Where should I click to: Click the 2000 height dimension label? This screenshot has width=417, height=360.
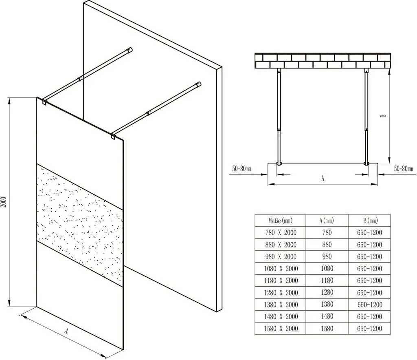click(x=4, y=202)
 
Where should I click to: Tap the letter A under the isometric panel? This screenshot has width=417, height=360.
click(x=66, y=331)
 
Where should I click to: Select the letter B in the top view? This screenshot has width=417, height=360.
click(x=383, y=116)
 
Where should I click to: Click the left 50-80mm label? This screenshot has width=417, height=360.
click(x=241, y=168)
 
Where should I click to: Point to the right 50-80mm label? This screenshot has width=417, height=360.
click(x=404, y=168)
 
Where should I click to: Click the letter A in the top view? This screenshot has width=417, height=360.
click(x=323, y=178)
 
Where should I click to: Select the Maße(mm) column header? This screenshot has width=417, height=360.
click(x=280, y=221)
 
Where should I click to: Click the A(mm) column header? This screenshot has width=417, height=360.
click(x=327, y=221)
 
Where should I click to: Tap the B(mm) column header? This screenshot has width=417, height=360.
click(x=370, y=221)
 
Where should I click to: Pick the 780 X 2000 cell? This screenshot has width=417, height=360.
click(x=281, y=233)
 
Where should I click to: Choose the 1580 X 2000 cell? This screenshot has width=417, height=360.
click(x=281, y=329)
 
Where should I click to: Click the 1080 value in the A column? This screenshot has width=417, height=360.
click(x=327, y=268)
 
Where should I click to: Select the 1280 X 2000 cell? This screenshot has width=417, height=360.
click(x=281, y=293)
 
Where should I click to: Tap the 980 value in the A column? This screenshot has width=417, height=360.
click(x=327, y=256)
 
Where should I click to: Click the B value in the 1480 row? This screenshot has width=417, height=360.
click(x=370, y=317)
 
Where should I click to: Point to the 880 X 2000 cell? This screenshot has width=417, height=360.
click(x=281, y=245)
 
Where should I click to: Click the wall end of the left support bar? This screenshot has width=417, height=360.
click(x=130, y=50)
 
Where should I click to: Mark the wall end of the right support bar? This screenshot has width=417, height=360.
click(x=198, y=84)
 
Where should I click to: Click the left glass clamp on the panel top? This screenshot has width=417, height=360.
click(x=44, y=102)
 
